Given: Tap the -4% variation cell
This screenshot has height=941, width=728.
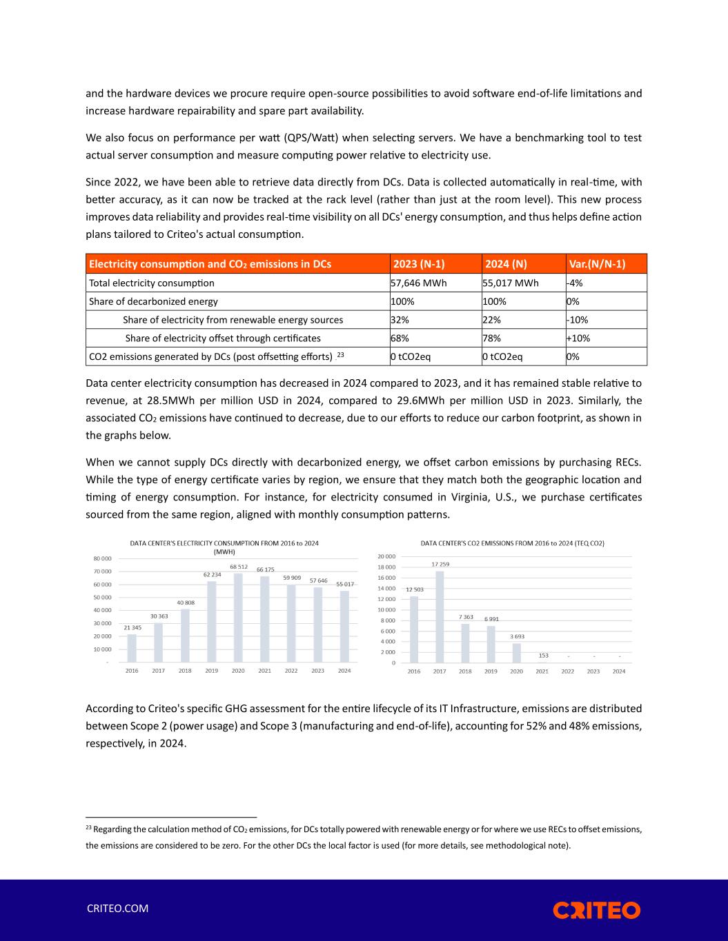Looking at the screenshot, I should click(x=572, y=283).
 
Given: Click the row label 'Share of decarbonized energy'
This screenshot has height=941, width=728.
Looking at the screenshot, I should click(x=154, y=301).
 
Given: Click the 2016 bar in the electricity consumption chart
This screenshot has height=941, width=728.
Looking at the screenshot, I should click(x=132, y=648).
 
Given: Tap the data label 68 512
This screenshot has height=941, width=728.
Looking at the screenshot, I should click(x=238, y=567).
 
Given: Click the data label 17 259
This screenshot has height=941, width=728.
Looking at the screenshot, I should click(x=440, y=565).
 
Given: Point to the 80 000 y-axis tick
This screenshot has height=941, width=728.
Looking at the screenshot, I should click(x=103, y=558).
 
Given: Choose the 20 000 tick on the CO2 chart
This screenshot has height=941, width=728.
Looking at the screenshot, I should click(x=386, y=556).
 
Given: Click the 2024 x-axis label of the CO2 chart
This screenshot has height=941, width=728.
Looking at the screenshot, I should click(x=619, y=671).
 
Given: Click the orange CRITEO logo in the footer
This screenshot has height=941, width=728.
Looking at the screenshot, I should click(x=596, y=910).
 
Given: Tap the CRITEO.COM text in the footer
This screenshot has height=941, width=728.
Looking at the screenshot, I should click(x=117, y=909).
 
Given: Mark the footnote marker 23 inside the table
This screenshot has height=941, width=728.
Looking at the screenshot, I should click(x=340, y=354).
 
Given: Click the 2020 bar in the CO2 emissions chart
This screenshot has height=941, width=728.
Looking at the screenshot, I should click(x=516, y=653).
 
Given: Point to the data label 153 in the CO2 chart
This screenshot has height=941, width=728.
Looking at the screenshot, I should click(x=543, y=655).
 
